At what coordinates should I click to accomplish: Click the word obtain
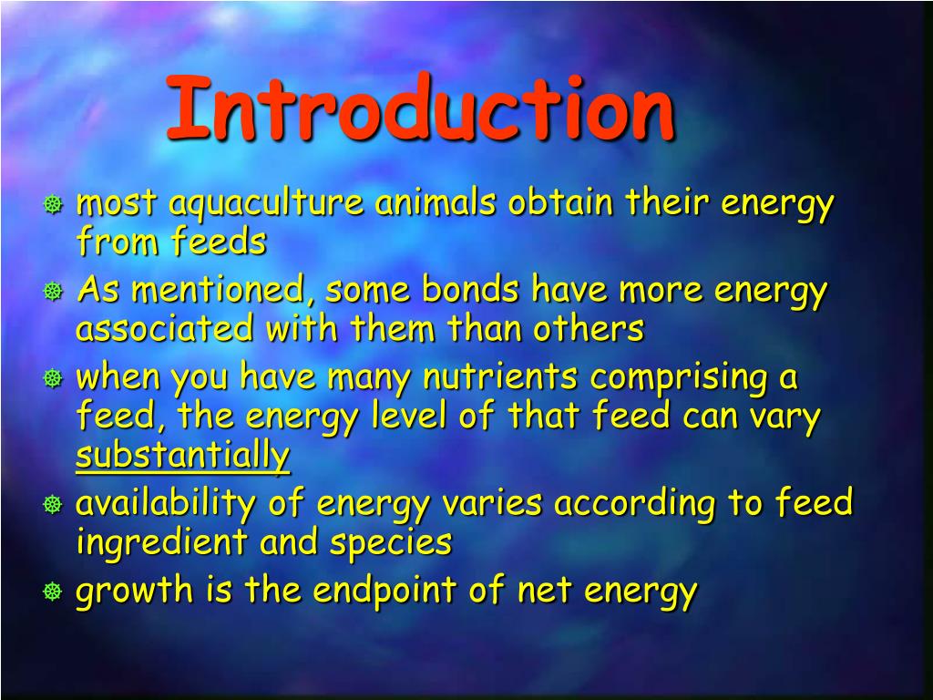[560, 203]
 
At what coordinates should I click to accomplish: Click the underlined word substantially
[182, 456]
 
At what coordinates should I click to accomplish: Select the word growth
[132, 592]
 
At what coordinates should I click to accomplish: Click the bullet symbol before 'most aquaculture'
[54, 206]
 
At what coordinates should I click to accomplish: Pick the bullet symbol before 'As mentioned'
[54, 293]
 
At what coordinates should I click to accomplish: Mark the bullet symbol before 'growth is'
[54, 592]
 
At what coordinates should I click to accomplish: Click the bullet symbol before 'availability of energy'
[54, 505]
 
